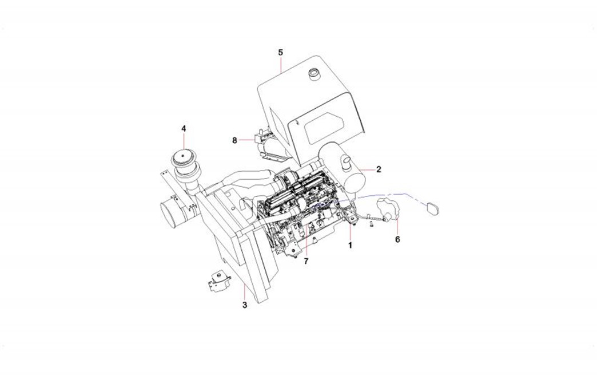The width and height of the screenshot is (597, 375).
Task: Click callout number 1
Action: (x=351, y=245)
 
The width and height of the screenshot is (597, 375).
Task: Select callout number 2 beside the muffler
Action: (x=379, y=169)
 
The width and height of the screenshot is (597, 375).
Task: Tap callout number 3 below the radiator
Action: (x=244, y=305)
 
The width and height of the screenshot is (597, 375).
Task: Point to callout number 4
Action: (x=184, y=128)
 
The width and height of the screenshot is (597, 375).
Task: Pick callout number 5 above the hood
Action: (x=280, y=53)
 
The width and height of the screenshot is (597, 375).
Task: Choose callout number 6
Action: (x=397, y=239)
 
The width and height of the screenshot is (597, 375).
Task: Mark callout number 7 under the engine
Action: (x=306, y=261)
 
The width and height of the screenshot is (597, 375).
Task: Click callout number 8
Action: (x=234, y=139)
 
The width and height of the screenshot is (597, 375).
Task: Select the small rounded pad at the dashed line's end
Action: (x=432, y=208)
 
